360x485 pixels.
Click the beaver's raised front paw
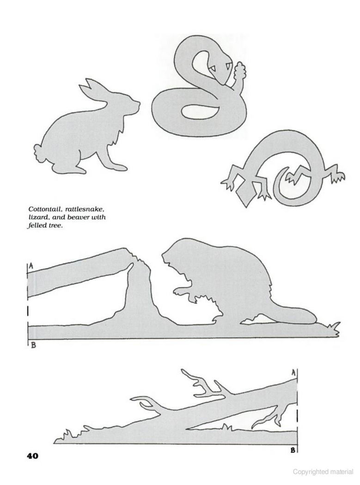182,291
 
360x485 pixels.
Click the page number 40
32,455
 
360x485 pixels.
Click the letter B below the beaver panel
33,345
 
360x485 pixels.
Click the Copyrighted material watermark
323,472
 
